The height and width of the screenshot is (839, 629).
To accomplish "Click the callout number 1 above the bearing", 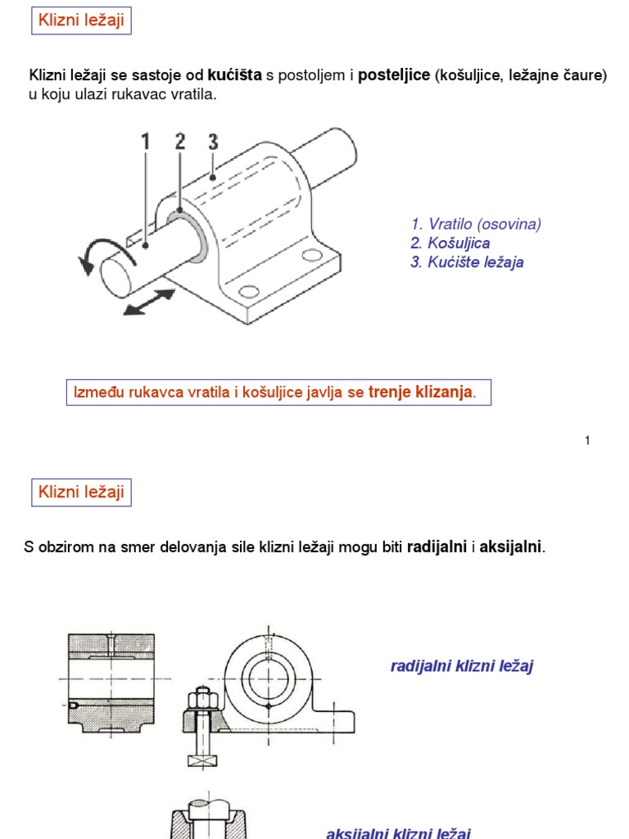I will (x=147, y=143).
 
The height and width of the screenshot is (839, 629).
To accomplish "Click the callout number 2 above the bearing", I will (x=180, y=142).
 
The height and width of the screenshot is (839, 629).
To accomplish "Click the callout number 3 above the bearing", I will (x=213, y=142).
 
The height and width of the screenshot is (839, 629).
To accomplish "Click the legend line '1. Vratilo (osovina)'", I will (x=476, y=224).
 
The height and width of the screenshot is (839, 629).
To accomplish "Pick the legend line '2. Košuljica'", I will (x=450, y=243).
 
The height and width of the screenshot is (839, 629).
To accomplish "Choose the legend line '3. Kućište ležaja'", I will (x=467, y=262).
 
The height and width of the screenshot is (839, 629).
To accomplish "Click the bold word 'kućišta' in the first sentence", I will (x=235, y=75).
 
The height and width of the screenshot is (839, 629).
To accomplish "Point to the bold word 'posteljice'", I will (x=394, y=75).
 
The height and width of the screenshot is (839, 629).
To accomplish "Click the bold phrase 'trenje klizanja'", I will (x=420, y=392).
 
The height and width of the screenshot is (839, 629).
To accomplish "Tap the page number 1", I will (x=587, y=441).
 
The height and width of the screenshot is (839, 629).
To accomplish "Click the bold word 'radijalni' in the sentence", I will (x=437, y=546).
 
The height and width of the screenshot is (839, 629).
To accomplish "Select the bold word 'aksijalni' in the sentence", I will (x=510, y=546).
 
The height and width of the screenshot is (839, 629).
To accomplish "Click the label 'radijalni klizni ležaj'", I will (x=462, y=666).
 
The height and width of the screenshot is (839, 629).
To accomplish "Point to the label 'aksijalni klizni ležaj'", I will (x=398, y=832).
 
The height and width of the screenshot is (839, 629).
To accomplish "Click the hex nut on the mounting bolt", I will (x=201, y=700).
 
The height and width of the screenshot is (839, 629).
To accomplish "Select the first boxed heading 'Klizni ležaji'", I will (x=81, y=20).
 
